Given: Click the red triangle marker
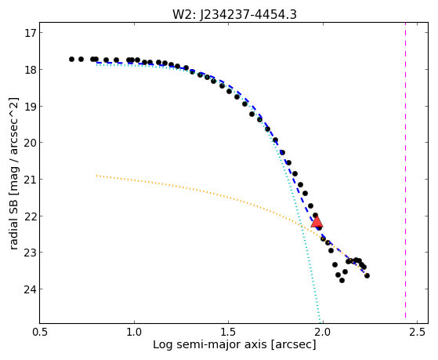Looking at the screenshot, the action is pyautogui.click(x=317, y=221).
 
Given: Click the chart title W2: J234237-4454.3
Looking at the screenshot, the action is pyautogui.click(x=234, y=15).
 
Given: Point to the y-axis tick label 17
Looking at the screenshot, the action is pyautogui.click(x=30, y=33).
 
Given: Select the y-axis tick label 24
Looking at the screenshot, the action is pyautogui.click(x=30, y=289).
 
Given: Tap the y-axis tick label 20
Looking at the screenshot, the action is pyautogui.click(x=30, y=143).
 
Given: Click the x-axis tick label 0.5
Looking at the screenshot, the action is pyautogui.click(x=40, y=332).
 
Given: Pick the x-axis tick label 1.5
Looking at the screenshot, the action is pyautogui.click(x=228, y=332).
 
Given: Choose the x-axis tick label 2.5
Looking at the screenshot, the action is pyautogui.click(x=417, y=332).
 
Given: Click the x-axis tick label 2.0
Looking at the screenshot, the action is pyautogui.click(x=323, y=332).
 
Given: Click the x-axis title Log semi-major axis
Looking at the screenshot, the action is pyautogui.click(x=209, y=344).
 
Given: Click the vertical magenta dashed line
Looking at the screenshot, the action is pyautogui.click(x=405, y=173).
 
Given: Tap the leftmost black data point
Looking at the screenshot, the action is pyautogui.click(x=71, y=60).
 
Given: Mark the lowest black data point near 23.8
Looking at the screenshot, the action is pyautogui.click(x=342, y=280).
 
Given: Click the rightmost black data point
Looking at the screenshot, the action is pyautogui.click(x=367, y=276).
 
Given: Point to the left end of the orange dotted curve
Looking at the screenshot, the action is pyautogui.click(x=96, y=176).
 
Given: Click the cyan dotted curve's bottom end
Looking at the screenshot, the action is pyautogui.click(x=320, y=322).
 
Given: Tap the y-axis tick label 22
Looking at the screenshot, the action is pyautogui.click(x=30, y=216).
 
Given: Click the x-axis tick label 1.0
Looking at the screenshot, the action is pyautogui.click(x=134, y=332).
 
